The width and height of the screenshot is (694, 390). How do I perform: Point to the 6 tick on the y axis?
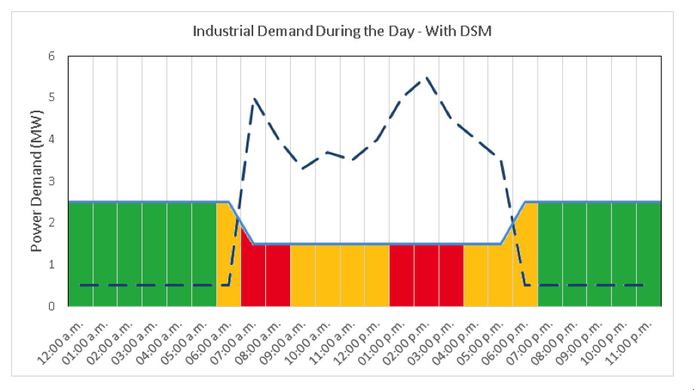click(x=52, y=56)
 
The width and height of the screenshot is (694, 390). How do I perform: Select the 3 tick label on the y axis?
click(x=52, y=181)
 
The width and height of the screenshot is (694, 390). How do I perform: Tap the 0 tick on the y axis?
click(x=52, y=306)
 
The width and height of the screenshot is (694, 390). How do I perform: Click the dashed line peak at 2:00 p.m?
click(x=426, y=77)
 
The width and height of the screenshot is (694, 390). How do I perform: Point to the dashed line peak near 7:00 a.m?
click(x=254, y=98)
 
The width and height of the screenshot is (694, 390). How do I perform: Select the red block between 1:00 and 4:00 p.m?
click(x=426, y=276)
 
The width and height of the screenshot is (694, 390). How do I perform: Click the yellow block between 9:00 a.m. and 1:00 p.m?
click(x=339, y=276)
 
